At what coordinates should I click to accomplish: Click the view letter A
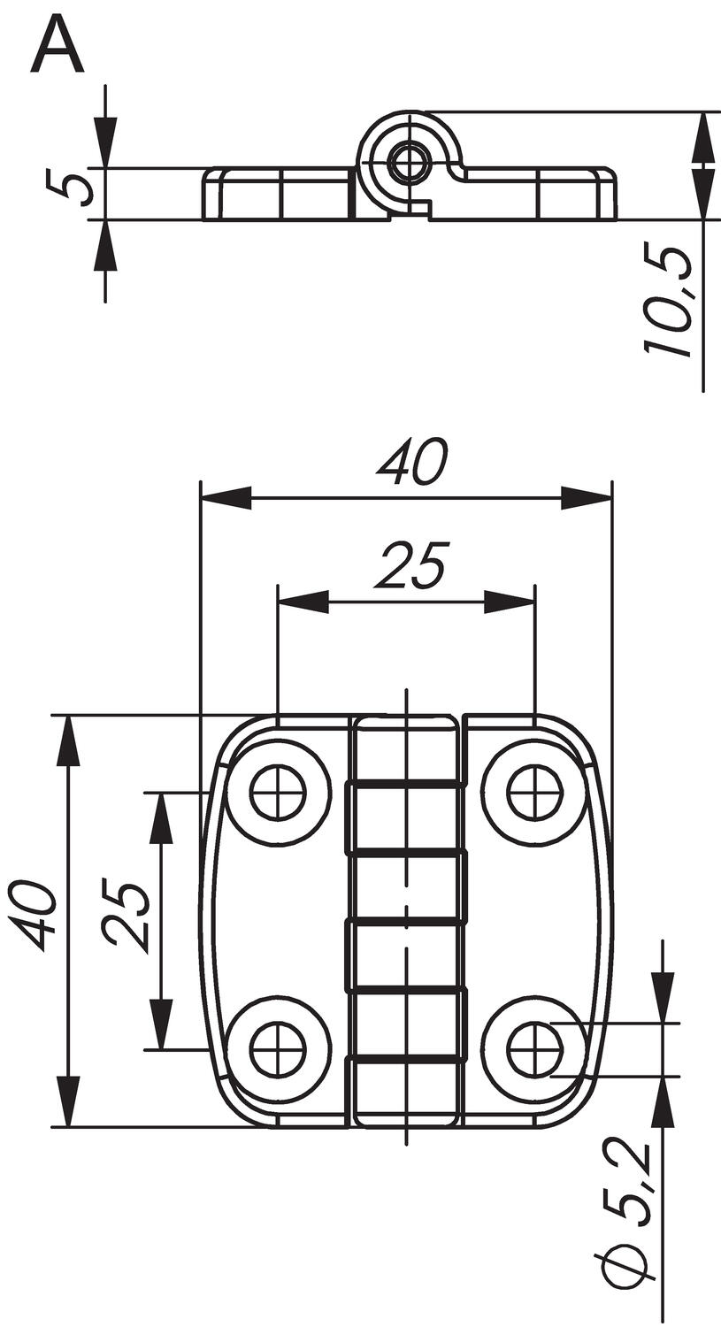click(x=58, y=46)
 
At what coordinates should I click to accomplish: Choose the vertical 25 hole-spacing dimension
click(x=125, y=915)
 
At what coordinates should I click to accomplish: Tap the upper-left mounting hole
click(x=277, y=792)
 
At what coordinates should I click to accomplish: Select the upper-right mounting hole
click(x=534, y=792)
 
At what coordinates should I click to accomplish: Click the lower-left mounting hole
click(x=277, y=1050)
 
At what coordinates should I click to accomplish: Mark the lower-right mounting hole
click(x=534, y=1050)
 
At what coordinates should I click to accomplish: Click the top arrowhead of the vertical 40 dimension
click(x=68, y=740)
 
